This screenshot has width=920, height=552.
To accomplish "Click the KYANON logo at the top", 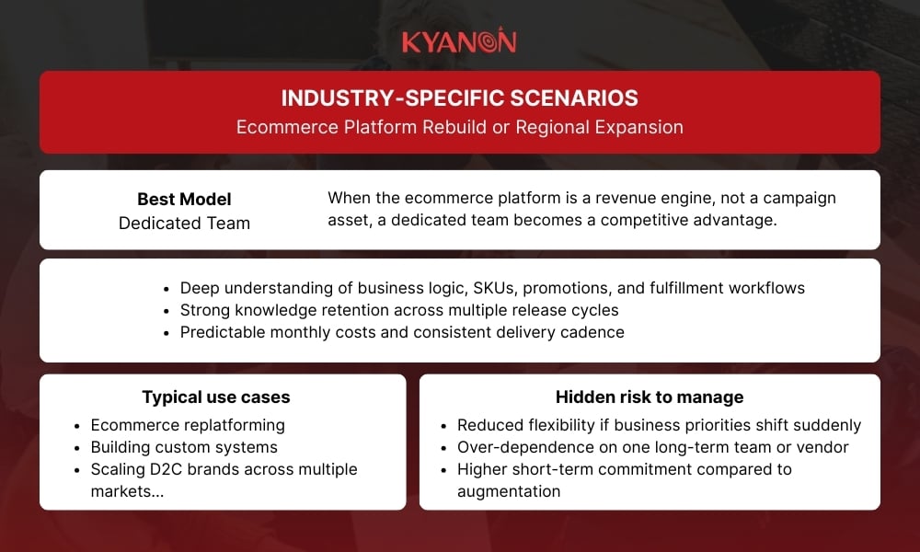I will [459, 41].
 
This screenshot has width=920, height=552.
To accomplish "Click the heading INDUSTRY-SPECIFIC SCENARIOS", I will [459, 98].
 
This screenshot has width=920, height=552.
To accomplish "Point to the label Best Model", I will [184, 199].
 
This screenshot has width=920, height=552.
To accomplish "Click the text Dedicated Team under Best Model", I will [184, 223].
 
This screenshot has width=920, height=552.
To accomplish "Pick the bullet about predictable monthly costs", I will [402, 332].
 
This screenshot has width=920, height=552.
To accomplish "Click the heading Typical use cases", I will [215, 397].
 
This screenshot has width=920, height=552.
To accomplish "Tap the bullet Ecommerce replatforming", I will [188, 425].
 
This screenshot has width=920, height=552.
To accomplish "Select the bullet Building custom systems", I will [184, 447].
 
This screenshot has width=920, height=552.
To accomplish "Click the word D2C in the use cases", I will [169, 469].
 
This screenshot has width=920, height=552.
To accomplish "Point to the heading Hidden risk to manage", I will [650, 397].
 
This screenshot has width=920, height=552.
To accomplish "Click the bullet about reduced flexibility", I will [659, 425].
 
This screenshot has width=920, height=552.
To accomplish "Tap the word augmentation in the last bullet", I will [509, 491].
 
